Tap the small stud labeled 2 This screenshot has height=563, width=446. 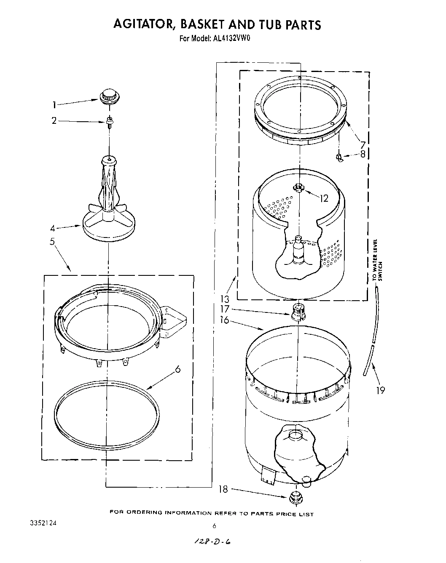point(109,123)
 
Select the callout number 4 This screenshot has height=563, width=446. point(53,229)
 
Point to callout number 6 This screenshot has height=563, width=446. point(177,369)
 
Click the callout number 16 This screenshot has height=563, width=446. point(224,320)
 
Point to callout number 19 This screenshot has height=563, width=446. point(380,390)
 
